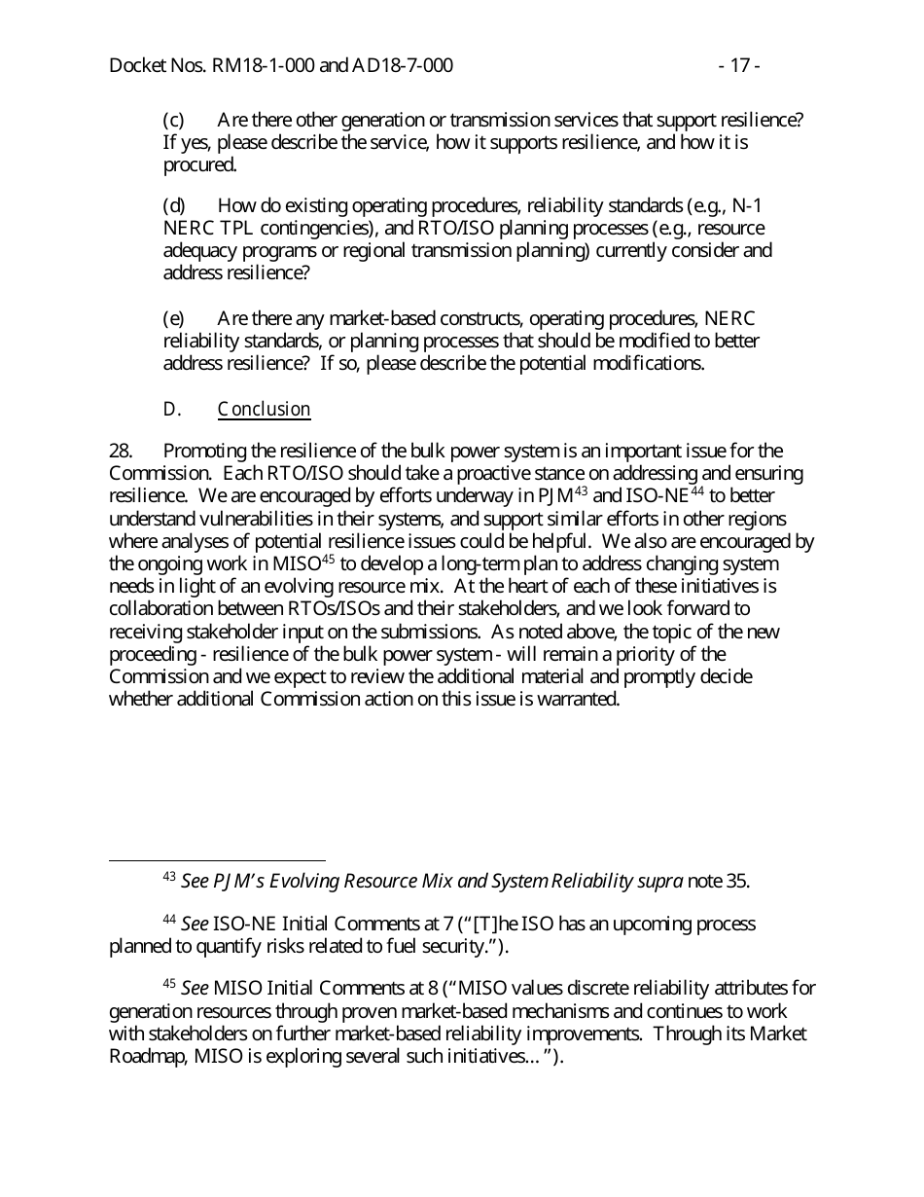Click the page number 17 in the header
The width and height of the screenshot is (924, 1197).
click(738, 66)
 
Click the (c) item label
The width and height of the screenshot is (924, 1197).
click(173, 121)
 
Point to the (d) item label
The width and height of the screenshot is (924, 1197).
click(173, 206)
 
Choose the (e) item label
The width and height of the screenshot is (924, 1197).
click(173, 319)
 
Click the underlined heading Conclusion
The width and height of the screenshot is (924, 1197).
click(264, 410)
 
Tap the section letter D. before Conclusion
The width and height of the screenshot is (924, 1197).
click(172, 410)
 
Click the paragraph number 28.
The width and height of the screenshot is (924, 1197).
click(120, 452)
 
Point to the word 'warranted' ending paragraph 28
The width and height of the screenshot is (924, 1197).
click(578, 700)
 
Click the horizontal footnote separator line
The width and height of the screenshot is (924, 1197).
click(217, 860)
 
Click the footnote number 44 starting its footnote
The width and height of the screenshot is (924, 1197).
click(168, 920)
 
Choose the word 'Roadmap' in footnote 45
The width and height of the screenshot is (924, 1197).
click(143, 1057)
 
